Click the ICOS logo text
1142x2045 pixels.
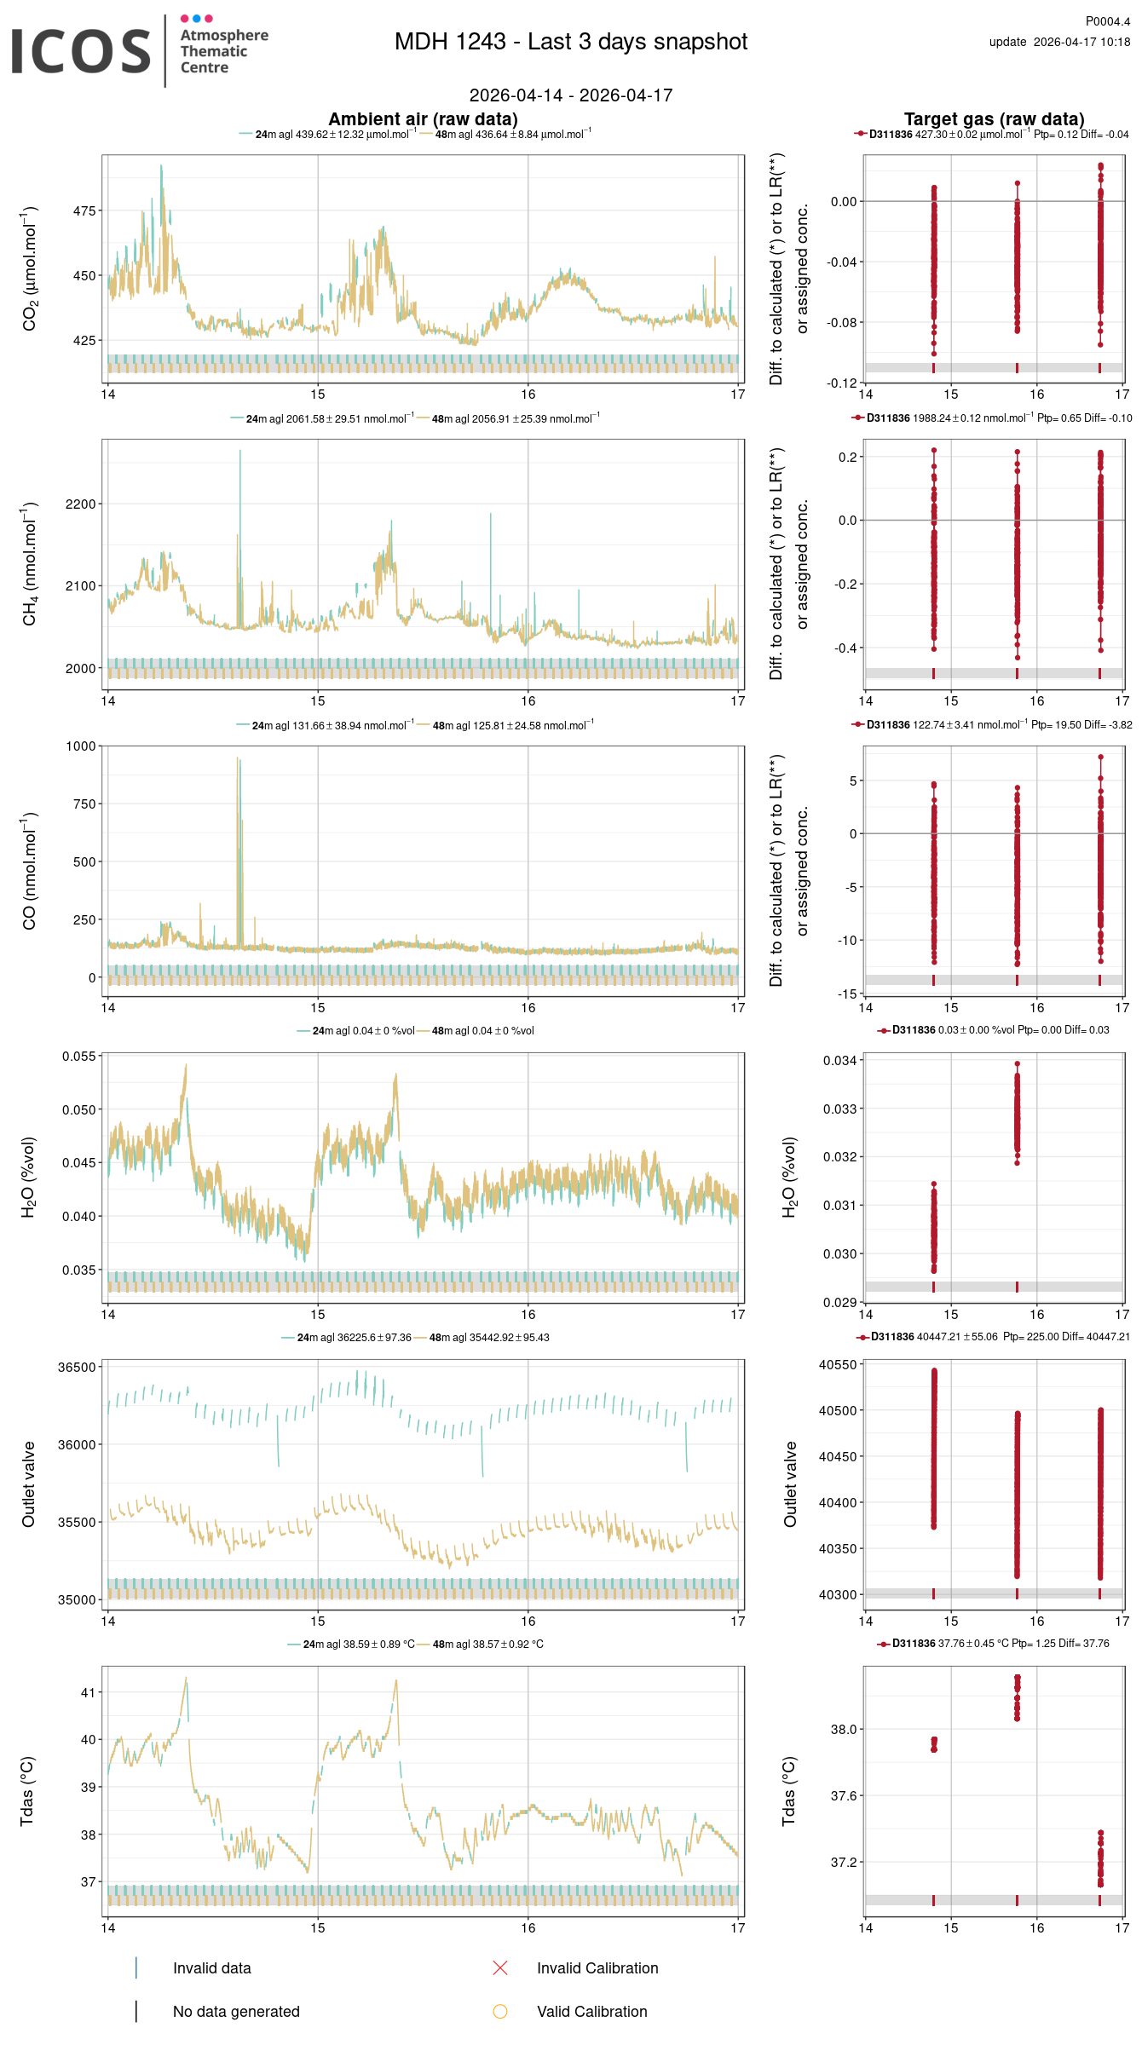point(81,51)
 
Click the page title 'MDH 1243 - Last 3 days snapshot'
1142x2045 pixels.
point(570,42)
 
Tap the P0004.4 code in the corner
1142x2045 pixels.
point(1107,21)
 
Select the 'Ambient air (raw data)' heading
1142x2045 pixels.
point(423,119)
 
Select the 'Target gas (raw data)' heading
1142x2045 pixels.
point(994,119)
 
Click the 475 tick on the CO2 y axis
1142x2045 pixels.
point(84,210)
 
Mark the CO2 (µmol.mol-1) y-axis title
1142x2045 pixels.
point(30,268)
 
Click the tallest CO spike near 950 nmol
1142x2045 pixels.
point(238,759)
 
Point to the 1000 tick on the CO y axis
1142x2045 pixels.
point(81,746)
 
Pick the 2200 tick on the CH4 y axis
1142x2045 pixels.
point(81,504)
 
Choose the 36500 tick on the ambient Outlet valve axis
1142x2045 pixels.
point(77,1367)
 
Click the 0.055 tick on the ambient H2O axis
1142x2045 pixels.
point(79,1057)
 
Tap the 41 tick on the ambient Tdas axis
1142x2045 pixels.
point(88,1692)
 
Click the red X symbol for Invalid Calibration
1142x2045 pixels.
point(500,1967)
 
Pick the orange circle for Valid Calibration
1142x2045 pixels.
point(500,2011)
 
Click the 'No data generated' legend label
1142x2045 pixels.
point(236,2011)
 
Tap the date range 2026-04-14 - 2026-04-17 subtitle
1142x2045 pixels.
point(570,95)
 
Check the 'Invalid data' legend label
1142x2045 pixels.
point(211,1967)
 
